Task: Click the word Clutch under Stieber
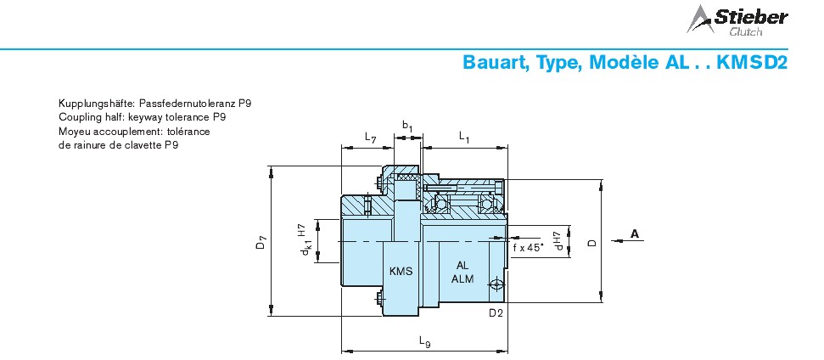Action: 745,32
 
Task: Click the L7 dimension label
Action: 371,138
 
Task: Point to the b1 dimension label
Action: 408,127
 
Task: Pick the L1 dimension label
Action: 464,138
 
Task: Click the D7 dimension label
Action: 261,243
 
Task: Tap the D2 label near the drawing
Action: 496,313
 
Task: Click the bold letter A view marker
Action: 635,233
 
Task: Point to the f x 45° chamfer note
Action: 528,248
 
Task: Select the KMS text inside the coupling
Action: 401,272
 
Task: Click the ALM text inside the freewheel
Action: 462,278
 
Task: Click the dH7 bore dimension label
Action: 558,239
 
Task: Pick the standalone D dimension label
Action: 592,242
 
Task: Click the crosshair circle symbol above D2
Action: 496,285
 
